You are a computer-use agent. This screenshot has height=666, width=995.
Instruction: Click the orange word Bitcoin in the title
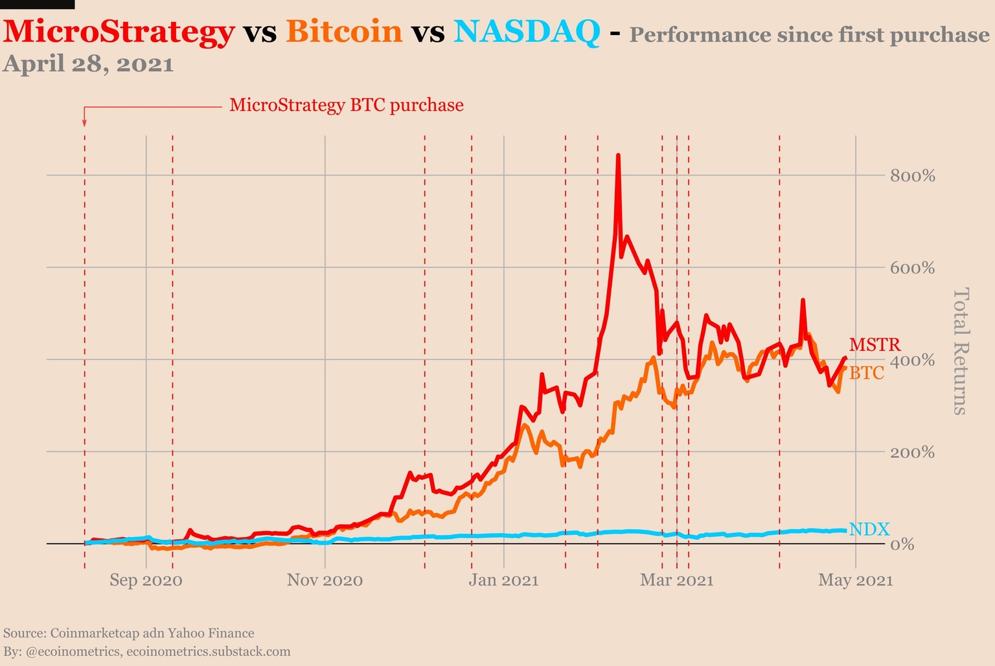pos(344,31)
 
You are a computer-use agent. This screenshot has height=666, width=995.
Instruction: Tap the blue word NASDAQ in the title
pos(527,31)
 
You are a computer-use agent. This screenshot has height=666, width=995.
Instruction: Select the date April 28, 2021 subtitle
pos(88,64)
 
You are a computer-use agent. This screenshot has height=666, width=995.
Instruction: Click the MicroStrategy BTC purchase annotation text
pos(346,105)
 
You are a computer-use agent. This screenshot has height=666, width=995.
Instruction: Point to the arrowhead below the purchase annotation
pos(84,123)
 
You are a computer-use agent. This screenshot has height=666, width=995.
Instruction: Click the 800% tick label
pos(912,176)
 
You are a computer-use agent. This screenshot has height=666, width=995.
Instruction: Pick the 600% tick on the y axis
pos(912,268)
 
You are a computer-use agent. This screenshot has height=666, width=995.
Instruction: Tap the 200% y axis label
pos(912,452)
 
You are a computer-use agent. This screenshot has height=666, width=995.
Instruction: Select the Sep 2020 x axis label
pos(146,580)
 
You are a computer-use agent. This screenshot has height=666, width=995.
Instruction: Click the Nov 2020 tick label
pos(325,580)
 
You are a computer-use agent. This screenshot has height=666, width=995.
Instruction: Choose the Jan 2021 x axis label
pos(503,580)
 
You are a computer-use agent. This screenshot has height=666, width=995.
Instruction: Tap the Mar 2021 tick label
pos(676,580)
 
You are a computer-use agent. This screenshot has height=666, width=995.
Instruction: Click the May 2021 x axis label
pos(855,580)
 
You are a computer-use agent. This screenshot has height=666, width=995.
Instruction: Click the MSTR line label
pos(875,345)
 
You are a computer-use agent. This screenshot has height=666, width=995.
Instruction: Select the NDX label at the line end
pos(869,529)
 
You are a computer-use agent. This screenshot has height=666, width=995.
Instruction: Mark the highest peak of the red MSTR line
pos(618,156)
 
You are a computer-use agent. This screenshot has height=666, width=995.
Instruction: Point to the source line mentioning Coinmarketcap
pos(129,633)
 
